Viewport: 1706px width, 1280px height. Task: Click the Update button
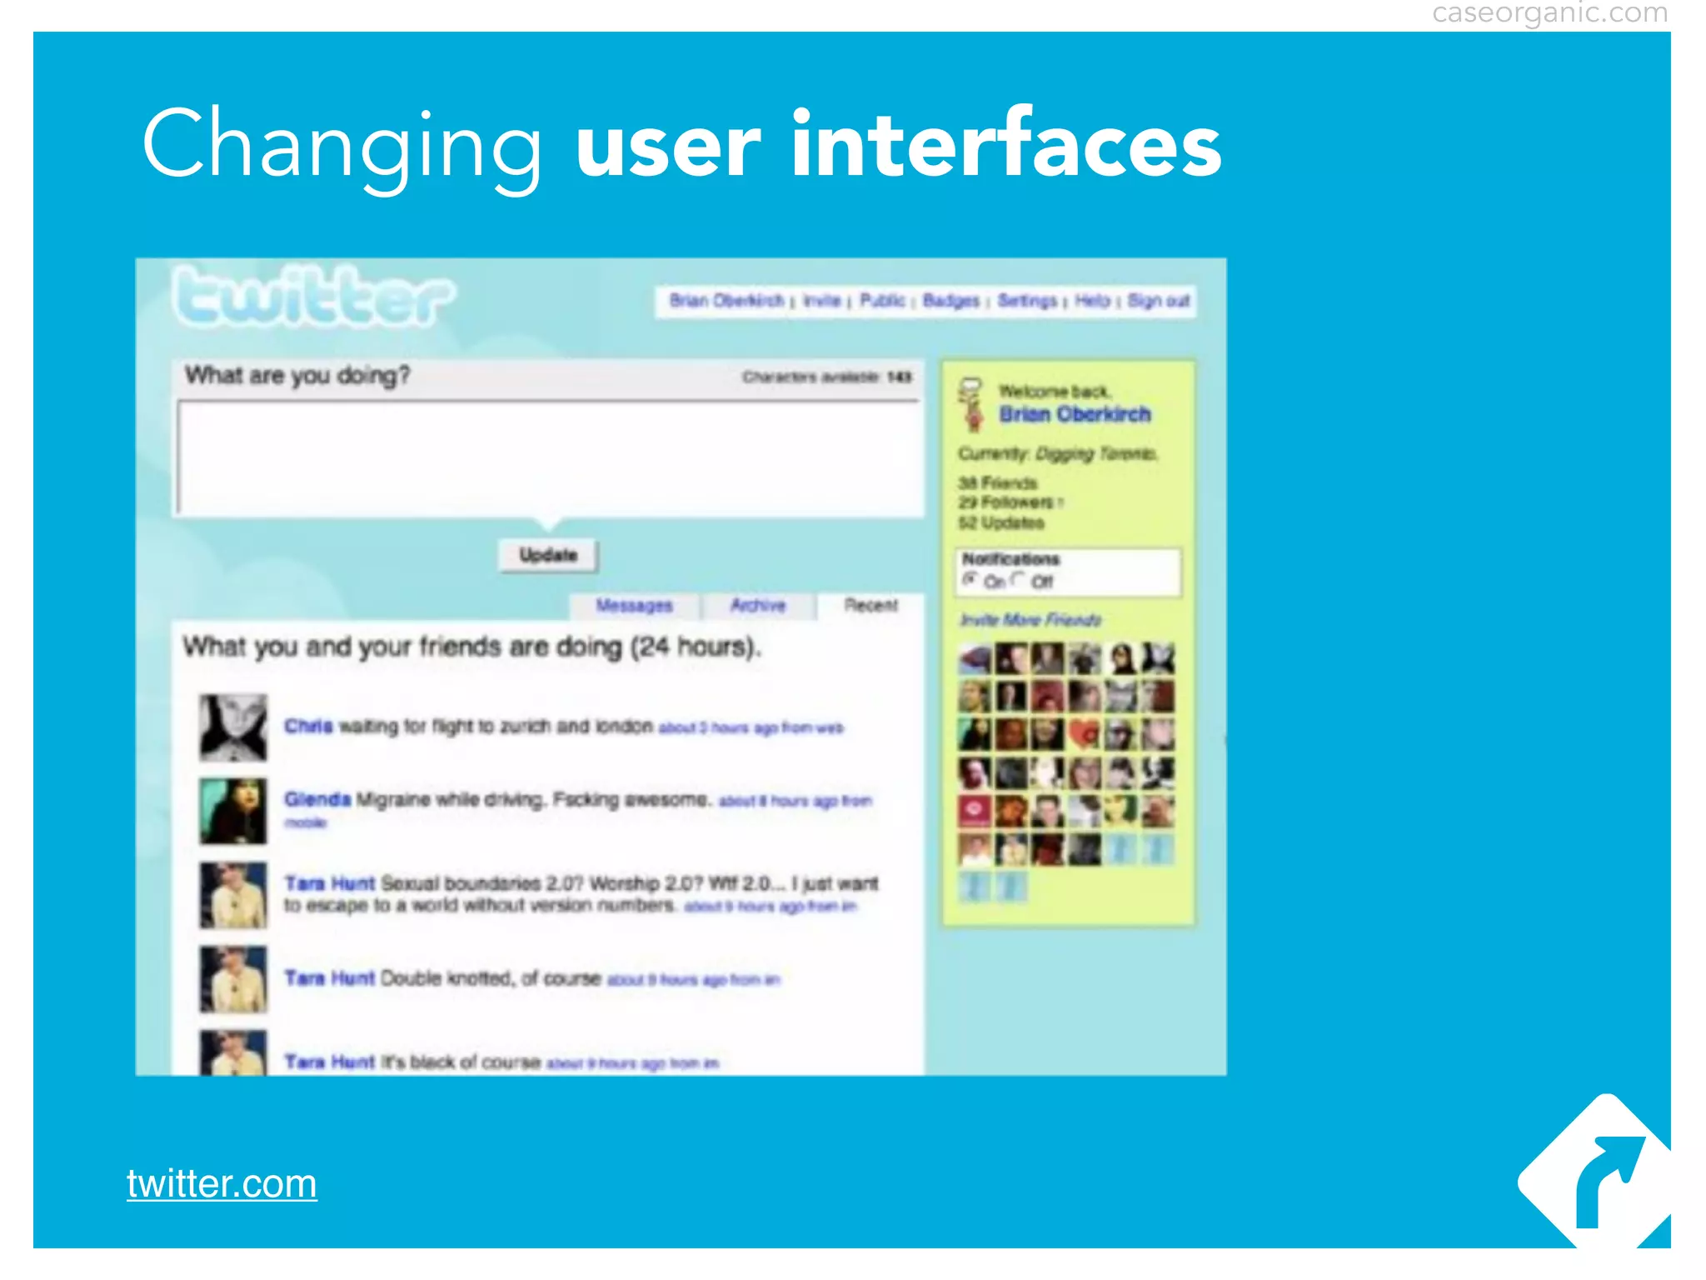548,556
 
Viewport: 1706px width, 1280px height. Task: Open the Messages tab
634,606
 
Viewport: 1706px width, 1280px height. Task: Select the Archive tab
758,606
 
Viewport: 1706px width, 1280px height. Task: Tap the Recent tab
870,606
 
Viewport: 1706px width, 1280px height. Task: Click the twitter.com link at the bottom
222,1183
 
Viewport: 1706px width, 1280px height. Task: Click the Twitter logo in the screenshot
314,297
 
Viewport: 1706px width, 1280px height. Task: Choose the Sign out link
1158,301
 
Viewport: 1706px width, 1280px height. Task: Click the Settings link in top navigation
1027,301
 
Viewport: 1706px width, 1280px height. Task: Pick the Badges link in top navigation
950,301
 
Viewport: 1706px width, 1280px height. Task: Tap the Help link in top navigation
1092,301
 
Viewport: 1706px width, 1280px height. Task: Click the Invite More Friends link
1030,620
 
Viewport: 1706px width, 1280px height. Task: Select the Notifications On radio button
970,579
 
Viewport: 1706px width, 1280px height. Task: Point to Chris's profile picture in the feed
233,727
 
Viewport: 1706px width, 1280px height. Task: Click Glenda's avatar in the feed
233,811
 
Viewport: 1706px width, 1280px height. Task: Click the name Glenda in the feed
317,800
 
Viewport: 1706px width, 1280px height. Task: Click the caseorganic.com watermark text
1549,13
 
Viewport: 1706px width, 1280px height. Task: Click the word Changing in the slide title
342,146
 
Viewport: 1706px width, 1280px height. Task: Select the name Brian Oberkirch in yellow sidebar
1075,414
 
